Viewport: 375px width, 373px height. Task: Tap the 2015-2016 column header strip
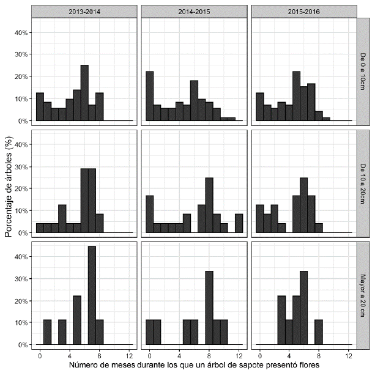pos(304,10)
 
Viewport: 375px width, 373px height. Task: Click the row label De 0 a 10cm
pos(364,72)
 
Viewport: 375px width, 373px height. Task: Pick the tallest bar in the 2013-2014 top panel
pos(84,93)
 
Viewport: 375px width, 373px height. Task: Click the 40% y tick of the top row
pos(18,32)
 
